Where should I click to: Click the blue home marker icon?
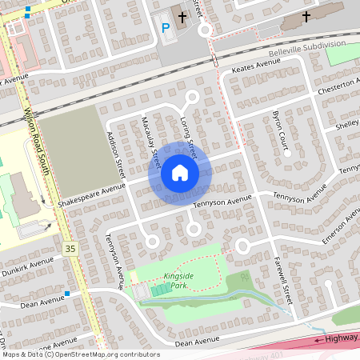pos(180,173)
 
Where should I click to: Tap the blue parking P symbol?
pos(166,27)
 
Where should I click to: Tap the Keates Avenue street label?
pos(253,70)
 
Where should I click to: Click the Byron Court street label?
pos(283,129)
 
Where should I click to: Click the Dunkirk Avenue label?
pos(27,265)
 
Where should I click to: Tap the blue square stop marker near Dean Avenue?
pos(67,294)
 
